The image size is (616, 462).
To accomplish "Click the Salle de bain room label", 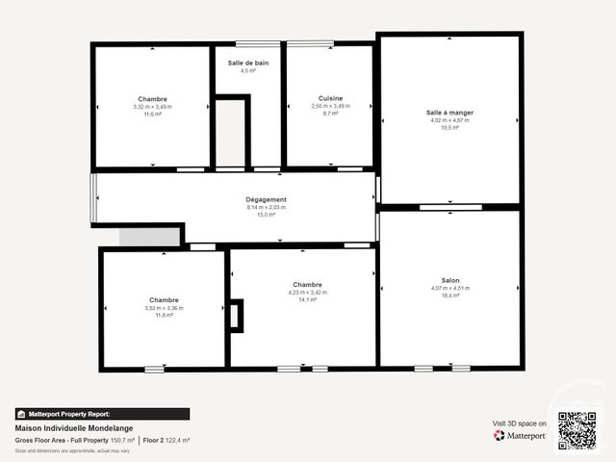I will [248, 63].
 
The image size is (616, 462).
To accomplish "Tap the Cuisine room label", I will [330, 98].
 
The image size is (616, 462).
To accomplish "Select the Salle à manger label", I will [449, 112].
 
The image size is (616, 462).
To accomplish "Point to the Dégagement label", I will [267, 199].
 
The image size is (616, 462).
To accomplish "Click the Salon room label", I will [450, 280].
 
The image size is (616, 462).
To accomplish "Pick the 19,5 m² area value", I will [449, 127].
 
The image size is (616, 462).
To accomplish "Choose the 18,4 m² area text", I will [450, 295].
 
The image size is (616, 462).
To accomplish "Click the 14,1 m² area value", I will [307, 299].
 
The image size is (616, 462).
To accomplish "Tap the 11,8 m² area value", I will [164, 315].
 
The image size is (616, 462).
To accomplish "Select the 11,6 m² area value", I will [152, 114].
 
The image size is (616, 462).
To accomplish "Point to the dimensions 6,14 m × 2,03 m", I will [267, 207].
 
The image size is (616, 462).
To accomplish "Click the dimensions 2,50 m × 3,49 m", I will [330, 106].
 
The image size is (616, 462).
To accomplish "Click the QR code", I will [577, 430].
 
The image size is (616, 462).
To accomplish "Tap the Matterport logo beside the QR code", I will [520, 435].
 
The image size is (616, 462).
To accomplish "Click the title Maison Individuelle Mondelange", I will [74, 428].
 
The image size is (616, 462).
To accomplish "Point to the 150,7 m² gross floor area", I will [122, 440].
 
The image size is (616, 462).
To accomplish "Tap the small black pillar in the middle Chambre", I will [237, 316].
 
